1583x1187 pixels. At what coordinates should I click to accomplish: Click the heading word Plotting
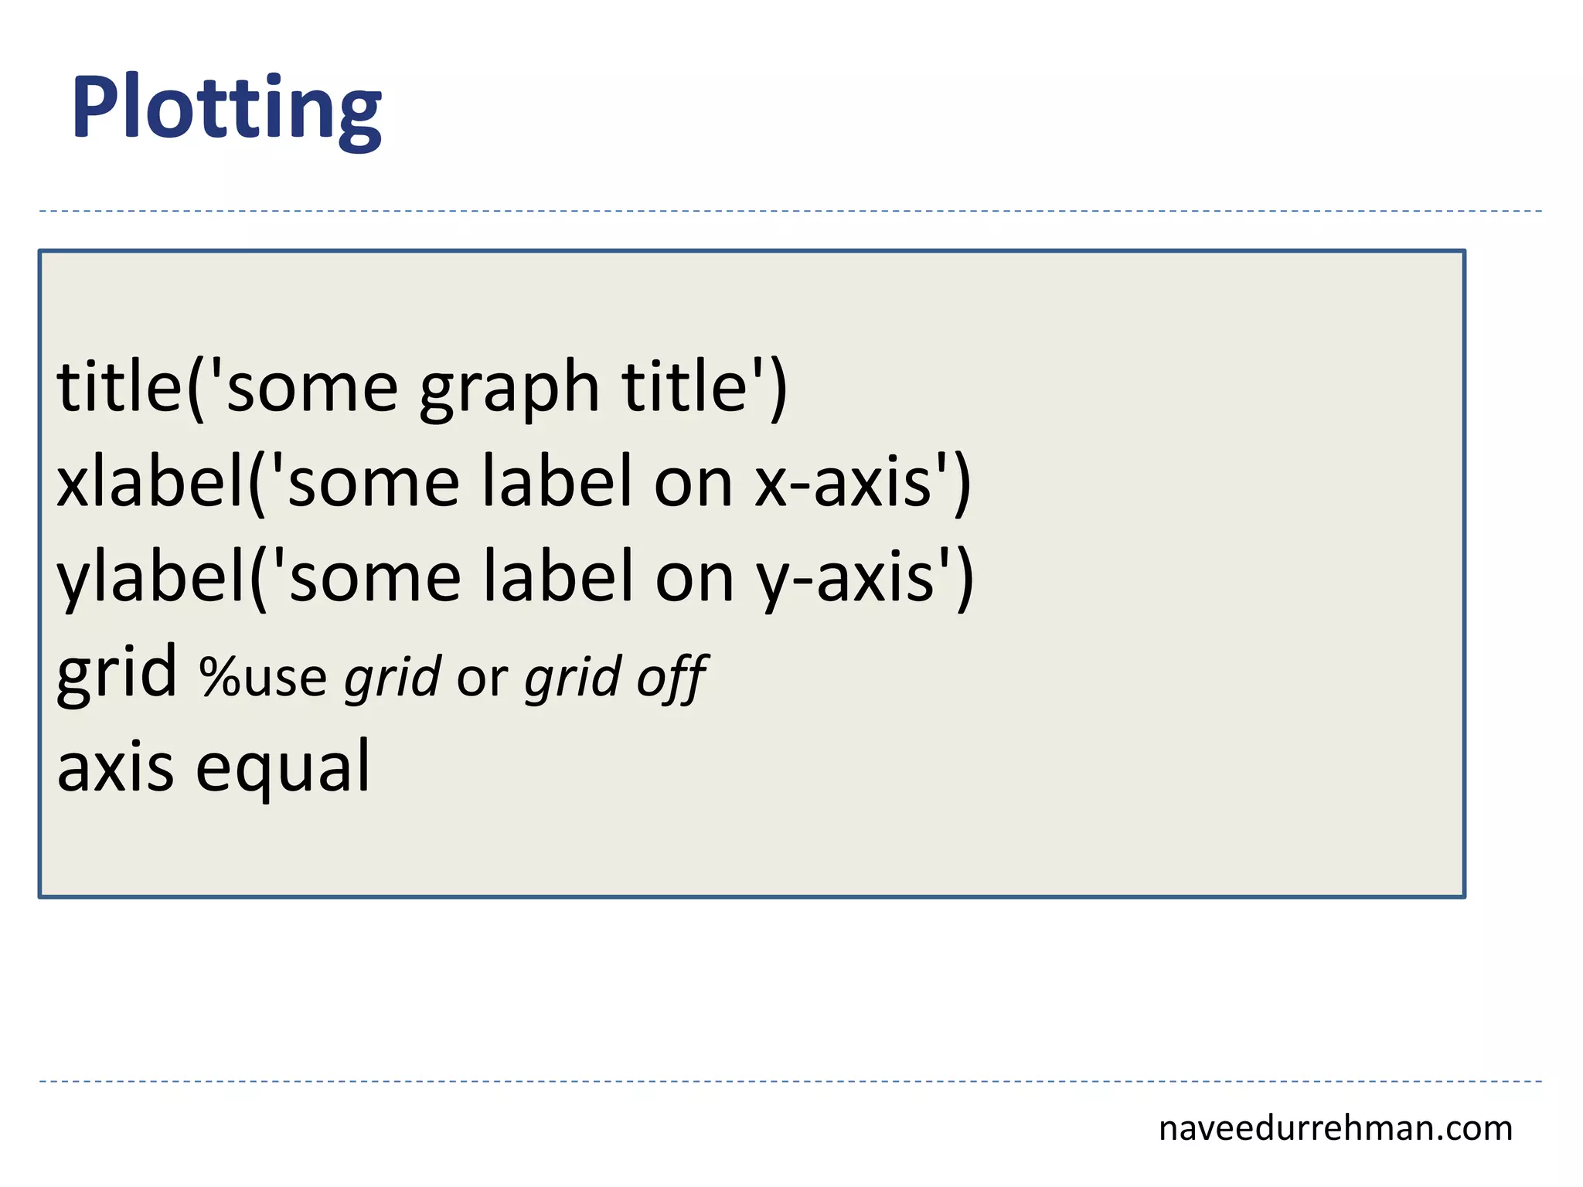pyautogui.click(x=226, y=108)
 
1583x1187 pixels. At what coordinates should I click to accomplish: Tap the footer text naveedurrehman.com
pyautogui.click(x=1335, y=1128)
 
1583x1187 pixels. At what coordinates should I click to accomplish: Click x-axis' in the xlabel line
pyautogui.click(x=850, y=484)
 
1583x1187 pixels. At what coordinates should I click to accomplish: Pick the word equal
pyautogui.click(x=283, y=768)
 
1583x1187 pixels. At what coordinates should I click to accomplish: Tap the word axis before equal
pyautogui.click(x=115, y=768)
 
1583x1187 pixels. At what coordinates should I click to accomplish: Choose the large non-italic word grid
pyautogui.click(x=117, y=672)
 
